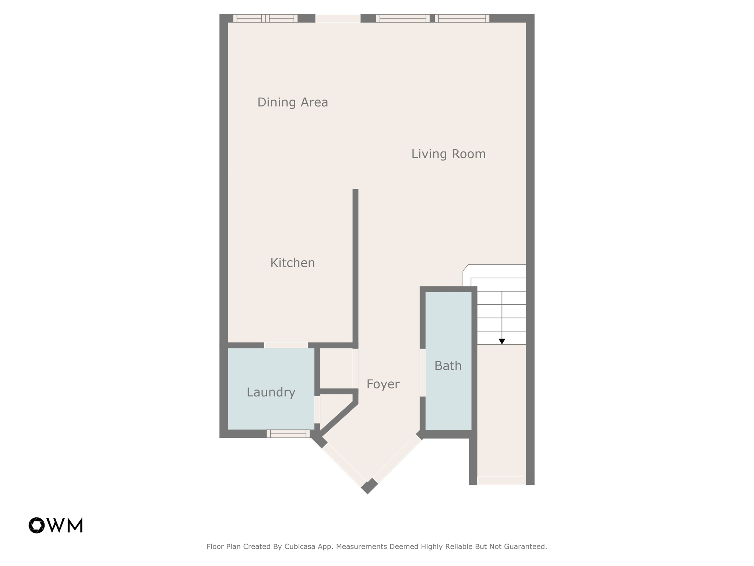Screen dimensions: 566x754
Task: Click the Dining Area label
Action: click(292, 102)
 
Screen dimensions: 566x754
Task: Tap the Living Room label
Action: click(448, 154)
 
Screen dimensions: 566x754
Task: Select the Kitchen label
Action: click(292, 263)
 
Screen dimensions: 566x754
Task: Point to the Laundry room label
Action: click(271, 392)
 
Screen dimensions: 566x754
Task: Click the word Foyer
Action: click(383, 384)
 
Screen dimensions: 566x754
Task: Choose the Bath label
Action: click(448, 366)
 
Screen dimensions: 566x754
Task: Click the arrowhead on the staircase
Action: click(502, 342)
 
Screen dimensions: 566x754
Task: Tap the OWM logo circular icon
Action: click(36, 525)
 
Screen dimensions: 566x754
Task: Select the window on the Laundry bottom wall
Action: click(288, 434)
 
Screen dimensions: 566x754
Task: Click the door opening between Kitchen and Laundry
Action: click(286, 345)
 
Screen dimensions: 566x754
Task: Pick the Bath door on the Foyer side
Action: click(423, 372)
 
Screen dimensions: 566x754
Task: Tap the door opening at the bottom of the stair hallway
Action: click(501, 481)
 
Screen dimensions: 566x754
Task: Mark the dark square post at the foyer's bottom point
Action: click(369, 486)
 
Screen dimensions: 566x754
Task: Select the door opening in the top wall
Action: click(338, 18)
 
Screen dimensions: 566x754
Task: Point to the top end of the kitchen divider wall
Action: click(355, 191)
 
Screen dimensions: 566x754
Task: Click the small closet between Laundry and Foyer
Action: click(336, 368)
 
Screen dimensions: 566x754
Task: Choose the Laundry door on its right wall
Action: click(317, 409)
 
